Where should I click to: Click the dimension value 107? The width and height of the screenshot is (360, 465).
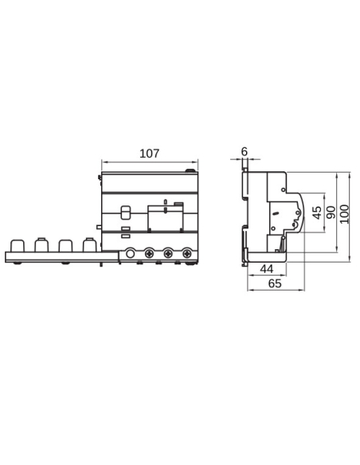pyautogui.click(x=149, y=151)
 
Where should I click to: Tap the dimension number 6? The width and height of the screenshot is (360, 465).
pyautogui.click(x=244, y=150)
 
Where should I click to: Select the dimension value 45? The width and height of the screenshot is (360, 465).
pyautogui.click(x=317, y=213)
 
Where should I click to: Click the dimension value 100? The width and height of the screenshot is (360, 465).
pyautogui.click(x=344, y=213)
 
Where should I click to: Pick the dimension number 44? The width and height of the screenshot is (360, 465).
pyautogui.click(x=266, y=269)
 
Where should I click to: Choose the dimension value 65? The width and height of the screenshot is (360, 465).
pyautogui.click(x=272, y=283)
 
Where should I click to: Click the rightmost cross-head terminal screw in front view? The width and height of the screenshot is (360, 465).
pyautogui.click(x=187, y=253)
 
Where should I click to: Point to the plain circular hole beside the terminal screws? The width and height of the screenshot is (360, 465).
pyautogui.click(x=130, y=253)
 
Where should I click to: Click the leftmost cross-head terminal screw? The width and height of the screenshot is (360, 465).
pyautogui.click(x=149, y=253)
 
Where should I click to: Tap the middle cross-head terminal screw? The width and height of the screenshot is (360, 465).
pyautogui.click(x=168, y=253)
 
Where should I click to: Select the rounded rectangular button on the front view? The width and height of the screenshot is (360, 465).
pyautogui.click(x=125, y=213)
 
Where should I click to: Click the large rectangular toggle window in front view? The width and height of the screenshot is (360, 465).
pyautogui.click(x=166, y=218)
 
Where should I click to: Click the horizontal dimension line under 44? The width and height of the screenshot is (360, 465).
pyautogui.click(x=266, y=276)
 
